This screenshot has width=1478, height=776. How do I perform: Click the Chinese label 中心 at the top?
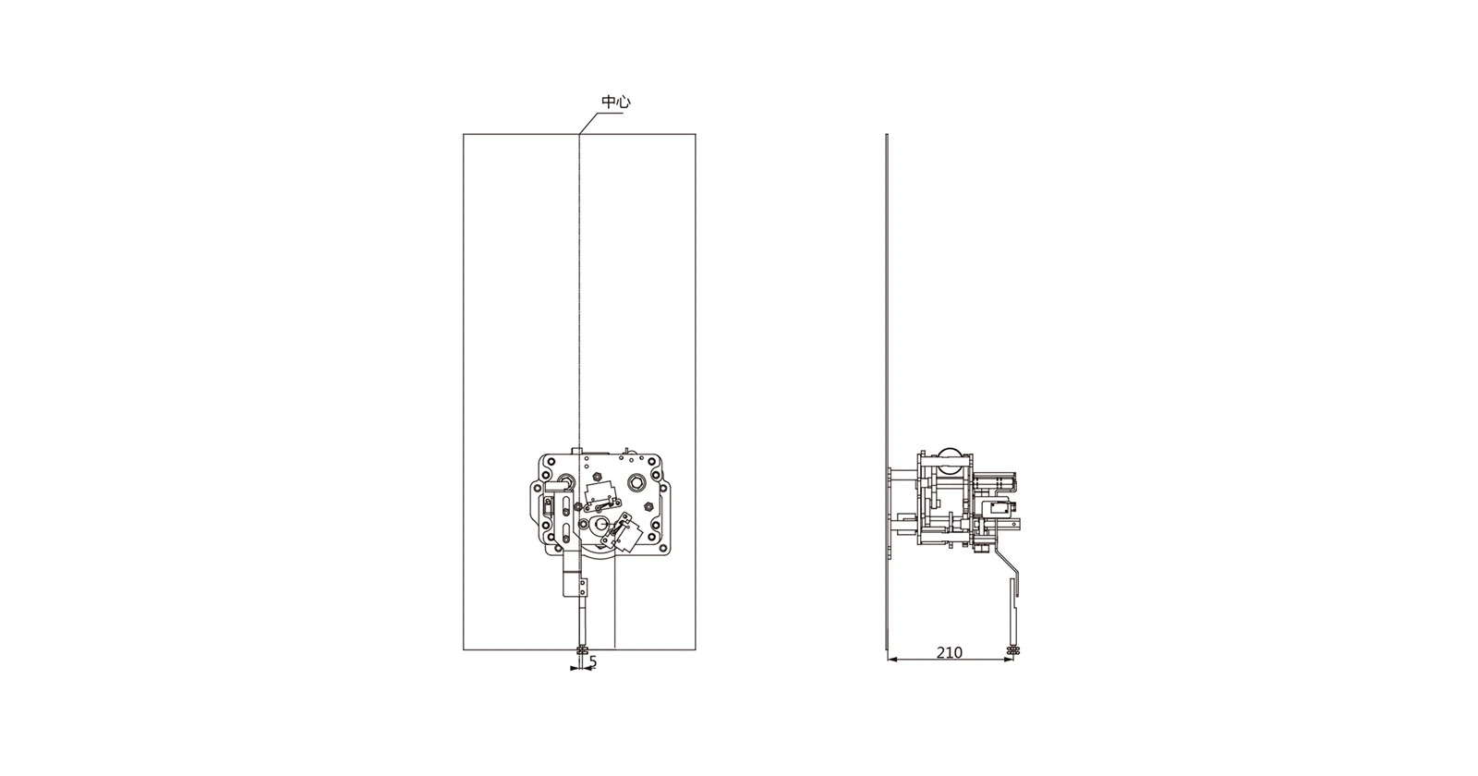(615, 103)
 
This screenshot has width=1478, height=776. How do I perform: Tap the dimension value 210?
(949, 652)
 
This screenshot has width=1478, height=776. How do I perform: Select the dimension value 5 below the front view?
(592, 661)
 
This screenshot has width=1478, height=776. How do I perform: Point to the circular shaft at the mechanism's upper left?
(566, 479)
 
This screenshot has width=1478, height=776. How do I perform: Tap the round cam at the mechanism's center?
(600, 526)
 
